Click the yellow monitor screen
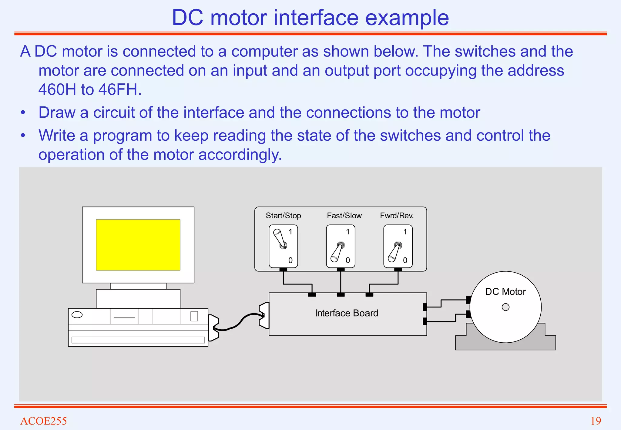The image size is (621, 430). [x=138, y=245]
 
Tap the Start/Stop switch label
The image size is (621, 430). [x=283, y=216]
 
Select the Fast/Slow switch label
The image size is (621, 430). [x=344, y=216]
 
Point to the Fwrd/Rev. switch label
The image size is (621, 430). [x=397, y=216]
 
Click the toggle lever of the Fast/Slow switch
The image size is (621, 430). [x=337, y=253]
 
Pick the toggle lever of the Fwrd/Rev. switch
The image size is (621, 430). [x=394, y=253]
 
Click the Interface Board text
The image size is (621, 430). [x=347, y=313]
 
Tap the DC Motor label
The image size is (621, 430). [x=505, y=292]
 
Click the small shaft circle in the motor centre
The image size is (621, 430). [x=505, y=307]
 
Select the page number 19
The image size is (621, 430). [x=596, y=421]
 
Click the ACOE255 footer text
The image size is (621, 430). [x=43, y=421]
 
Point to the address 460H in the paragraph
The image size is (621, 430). [x=57, y=89]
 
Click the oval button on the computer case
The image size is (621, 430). [x=77, y=315]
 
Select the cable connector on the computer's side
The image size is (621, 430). [x=213, y=328]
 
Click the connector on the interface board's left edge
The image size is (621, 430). [x=264, y=315]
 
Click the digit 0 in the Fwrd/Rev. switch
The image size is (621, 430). [x=405, y=260]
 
